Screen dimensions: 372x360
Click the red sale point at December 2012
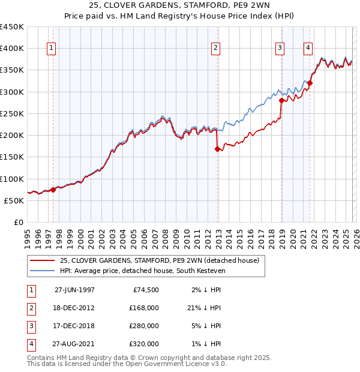(218, 150)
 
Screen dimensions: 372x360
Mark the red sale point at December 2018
(281, 101)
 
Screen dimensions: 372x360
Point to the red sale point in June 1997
(53, 190)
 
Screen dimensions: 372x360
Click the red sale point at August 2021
(310, 83)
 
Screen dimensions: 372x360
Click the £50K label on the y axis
(14, 200)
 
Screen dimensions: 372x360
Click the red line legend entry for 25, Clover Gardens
(159, 260)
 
